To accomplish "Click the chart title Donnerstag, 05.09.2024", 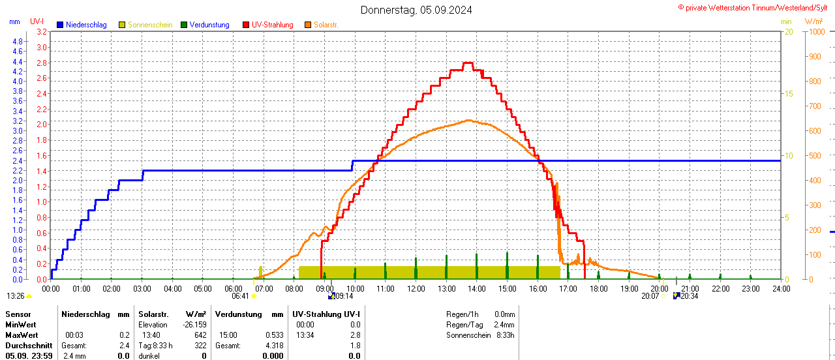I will [x=416, y=10].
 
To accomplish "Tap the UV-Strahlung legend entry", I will [x=272, y=25].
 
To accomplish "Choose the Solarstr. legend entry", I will [x=326, y=25].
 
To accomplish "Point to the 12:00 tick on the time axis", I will [x=416, y=288].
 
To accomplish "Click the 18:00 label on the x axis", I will [x=598, y=288].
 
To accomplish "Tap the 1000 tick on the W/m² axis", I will [x=815, y=32].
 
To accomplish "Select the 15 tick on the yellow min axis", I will [x=788, y=94].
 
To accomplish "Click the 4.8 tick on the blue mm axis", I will [x=18, y=42].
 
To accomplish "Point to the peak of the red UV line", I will [x=467, y=63].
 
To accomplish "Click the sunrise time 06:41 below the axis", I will [x=240, y=296].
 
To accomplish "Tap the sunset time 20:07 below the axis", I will [x=650, y=296].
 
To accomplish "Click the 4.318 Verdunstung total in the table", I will [x=273, y=346].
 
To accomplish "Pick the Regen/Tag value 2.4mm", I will [x=504, y=325].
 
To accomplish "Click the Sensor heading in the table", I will [x=18, y=314].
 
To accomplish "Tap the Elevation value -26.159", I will [x=194, y=325].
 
